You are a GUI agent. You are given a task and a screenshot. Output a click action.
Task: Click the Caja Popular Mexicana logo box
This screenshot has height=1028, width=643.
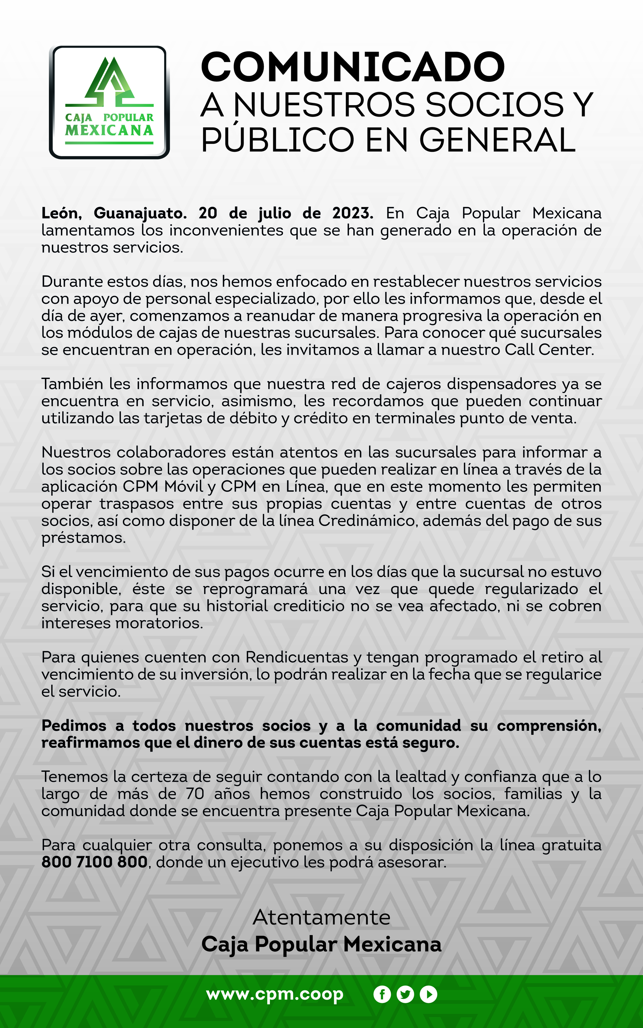pyautogui.click(x=109, y=102)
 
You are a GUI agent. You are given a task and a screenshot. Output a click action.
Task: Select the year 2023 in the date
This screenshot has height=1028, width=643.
pyautogui.click(x=353, y=213)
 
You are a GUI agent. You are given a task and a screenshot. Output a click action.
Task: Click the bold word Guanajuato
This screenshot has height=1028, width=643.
pyautogui.click(x=140, y=213)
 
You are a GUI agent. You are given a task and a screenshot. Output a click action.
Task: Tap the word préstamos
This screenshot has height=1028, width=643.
pyautogui.click(x=83, y=538)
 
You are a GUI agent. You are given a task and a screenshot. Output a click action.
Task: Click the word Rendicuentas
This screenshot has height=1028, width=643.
pyautogui.click(x=297, y=657)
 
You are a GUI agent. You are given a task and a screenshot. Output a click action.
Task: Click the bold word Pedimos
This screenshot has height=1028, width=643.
pyautogui.click(x=74, y=725)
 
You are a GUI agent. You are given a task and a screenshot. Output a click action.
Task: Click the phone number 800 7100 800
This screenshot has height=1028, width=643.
pyautogui.click(x=94, y=862)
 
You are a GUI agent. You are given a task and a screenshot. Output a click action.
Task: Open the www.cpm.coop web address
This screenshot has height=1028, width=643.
pyautogui.click(x=275, y=994)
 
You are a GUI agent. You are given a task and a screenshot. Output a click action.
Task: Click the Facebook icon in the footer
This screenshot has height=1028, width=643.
pyautogui.click(x=382, y=995)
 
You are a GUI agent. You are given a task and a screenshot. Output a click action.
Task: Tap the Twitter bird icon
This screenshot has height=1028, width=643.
pyautogui.click(x=405, y=995)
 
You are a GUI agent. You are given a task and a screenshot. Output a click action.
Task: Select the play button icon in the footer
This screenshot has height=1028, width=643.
pyautogui.click(x=429, y=995)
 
